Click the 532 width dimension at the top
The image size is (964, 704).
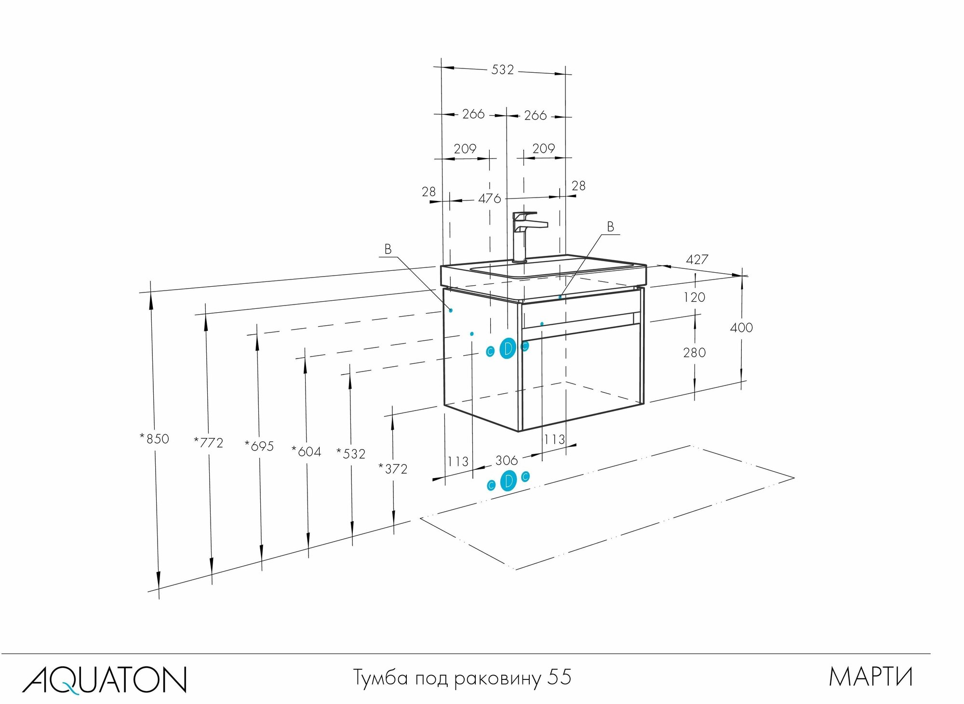coord(502,70)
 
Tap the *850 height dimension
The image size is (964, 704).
coord(155,438)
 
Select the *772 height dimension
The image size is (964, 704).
coord(209,442)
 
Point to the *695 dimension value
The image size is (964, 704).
coord(259,446)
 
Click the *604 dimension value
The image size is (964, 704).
coord(307,452)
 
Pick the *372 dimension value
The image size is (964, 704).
coord(393,468)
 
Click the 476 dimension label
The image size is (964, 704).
coord(490,199)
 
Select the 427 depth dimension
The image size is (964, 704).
coord(697,260)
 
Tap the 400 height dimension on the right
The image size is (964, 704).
coord(741,328)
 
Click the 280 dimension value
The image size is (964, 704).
coord(694,353)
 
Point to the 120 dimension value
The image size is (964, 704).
coord(694,297)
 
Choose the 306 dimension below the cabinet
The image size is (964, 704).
coord(506,460)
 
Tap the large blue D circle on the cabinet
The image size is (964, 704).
coord(508,348)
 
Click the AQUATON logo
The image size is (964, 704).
coord(104,680)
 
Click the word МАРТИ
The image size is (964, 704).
coord(870,677)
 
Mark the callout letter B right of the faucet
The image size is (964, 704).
coord(610,226)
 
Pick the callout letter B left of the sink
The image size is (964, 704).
coord(388,249)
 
